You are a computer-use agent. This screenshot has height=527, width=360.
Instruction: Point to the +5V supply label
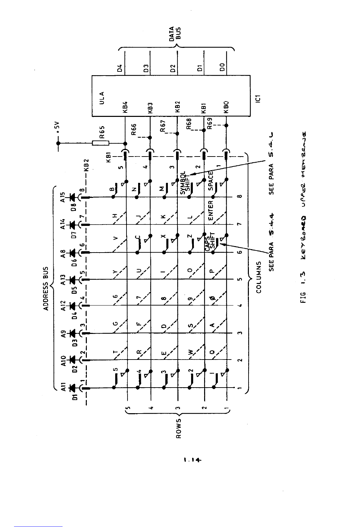click(58, 127)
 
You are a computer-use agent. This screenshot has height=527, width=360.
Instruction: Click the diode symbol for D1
click(72, 388)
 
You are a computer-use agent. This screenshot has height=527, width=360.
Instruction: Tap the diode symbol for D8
click(72, 197)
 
